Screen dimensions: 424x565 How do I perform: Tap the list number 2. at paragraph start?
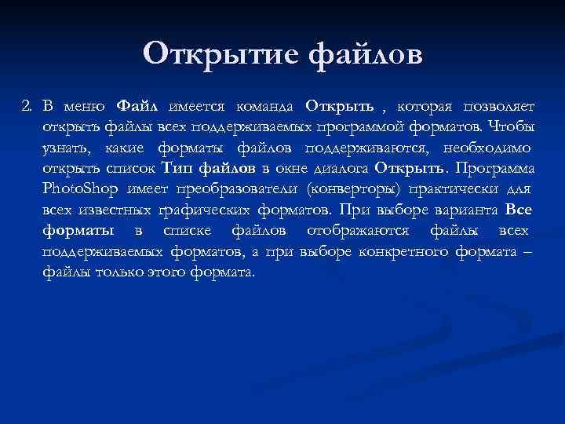point(29,105)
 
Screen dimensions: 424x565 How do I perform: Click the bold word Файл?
point(137,105)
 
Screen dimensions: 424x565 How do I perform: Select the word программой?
point(350,126)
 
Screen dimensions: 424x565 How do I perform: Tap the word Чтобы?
point(513,126)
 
